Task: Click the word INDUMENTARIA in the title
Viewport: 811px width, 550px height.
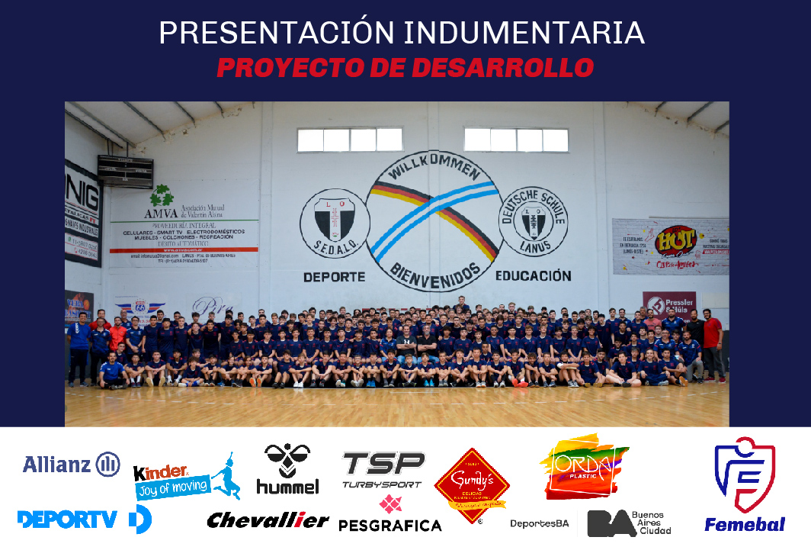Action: (x=524, y=33)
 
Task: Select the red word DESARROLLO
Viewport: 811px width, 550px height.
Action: (x=502, y=68)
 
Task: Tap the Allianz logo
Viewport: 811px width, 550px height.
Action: (x=71, y=464)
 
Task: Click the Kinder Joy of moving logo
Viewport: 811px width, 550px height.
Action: (x=186, y=481)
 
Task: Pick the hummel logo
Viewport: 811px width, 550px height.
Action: (x=287, y=468)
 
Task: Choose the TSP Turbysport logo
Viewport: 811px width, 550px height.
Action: (x=383, y=469)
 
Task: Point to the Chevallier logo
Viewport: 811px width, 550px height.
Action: (x=268, y=520)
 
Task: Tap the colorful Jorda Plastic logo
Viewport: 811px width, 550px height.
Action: (x=583, y=465)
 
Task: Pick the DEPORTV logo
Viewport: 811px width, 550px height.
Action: (x=84, y=519)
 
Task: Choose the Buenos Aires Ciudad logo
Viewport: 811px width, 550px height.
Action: (x=630, y=523)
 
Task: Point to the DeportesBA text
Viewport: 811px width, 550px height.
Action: (x=540, y=523)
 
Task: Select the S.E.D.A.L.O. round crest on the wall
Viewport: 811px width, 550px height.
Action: (x=335, y=223)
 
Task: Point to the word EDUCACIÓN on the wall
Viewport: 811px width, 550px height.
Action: (x=533, y=275)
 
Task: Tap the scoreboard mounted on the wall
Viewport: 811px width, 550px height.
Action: (x=125, y=171)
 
